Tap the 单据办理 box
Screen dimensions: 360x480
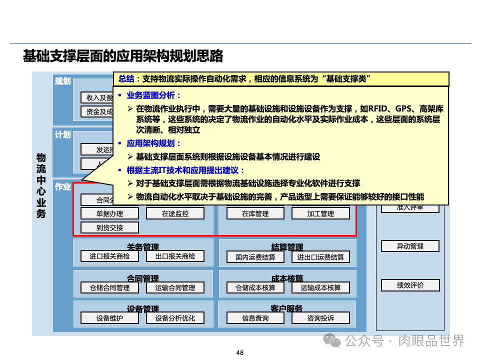click(109, 213)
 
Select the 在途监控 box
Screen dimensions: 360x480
click(175, 213)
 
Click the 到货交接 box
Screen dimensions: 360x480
click(109, 227)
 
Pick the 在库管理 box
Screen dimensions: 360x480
click(255, 213)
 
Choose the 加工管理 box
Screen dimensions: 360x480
click(320, 213)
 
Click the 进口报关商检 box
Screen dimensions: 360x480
click(109, 256)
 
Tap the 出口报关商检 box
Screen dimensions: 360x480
click(175, 256)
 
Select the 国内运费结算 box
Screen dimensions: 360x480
click(255, 257)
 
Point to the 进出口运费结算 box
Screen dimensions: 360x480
click(320, 257)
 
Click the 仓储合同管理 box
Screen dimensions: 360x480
click(109, 287)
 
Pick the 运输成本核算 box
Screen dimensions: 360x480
click(320, 287)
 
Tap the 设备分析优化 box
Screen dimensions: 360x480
click(175, 318)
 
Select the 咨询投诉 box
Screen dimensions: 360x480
click(320, 318)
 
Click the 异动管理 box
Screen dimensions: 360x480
click(410, 246)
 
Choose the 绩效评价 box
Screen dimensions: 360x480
click(410, 285)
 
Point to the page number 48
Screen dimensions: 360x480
click(240, 353)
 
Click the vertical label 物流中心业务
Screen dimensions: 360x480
click(41, 185)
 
